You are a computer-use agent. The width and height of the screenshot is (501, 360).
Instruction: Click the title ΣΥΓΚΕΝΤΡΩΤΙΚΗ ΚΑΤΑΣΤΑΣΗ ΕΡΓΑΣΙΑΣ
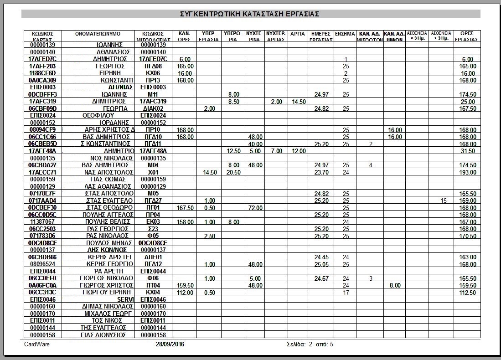point(250,14)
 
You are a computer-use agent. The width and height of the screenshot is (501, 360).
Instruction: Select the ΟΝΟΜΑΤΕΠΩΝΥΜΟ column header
point(98,34)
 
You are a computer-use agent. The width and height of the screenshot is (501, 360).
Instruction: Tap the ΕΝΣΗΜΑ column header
point(345,34)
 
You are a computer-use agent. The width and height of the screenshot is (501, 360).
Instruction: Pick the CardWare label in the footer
point(37,345)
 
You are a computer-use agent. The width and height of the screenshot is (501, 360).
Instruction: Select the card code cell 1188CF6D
point(42,73)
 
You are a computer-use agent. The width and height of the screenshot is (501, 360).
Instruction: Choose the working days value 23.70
point(321,173)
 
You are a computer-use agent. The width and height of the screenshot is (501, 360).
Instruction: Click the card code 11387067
point(42,222)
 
